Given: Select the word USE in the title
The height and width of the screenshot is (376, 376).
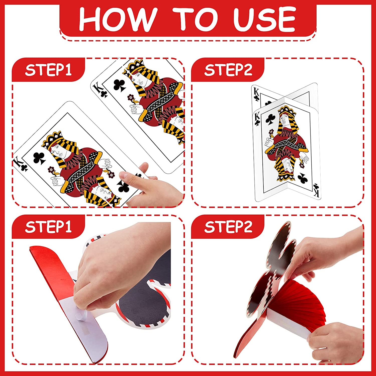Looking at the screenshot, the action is pyautogui.click(x=265, y=19).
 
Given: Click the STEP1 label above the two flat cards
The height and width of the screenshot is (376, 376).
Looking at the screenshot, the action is pyautogui.click(x=48, y=70).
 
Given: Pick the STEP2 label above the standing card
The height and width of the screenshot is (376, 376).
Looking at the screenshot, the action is pyautogui.click(x=228, y=70).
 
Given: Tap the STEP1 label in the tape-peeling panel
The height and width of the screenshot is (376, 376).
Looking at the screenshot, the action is pyautogui.click(x=48, y=227).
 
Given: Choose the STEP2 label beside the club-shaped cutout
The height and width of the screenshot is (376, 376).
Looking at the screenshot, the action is pyautogui.click(x=228, y=227).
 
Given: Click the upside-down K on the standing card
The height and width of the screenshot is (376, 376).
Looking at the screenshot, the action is pyautogui.click(x=317, y=193).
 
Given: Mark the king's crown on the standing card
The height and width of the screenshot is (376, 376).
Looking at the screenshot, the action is pyautogui.click(x=287, y=110).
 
